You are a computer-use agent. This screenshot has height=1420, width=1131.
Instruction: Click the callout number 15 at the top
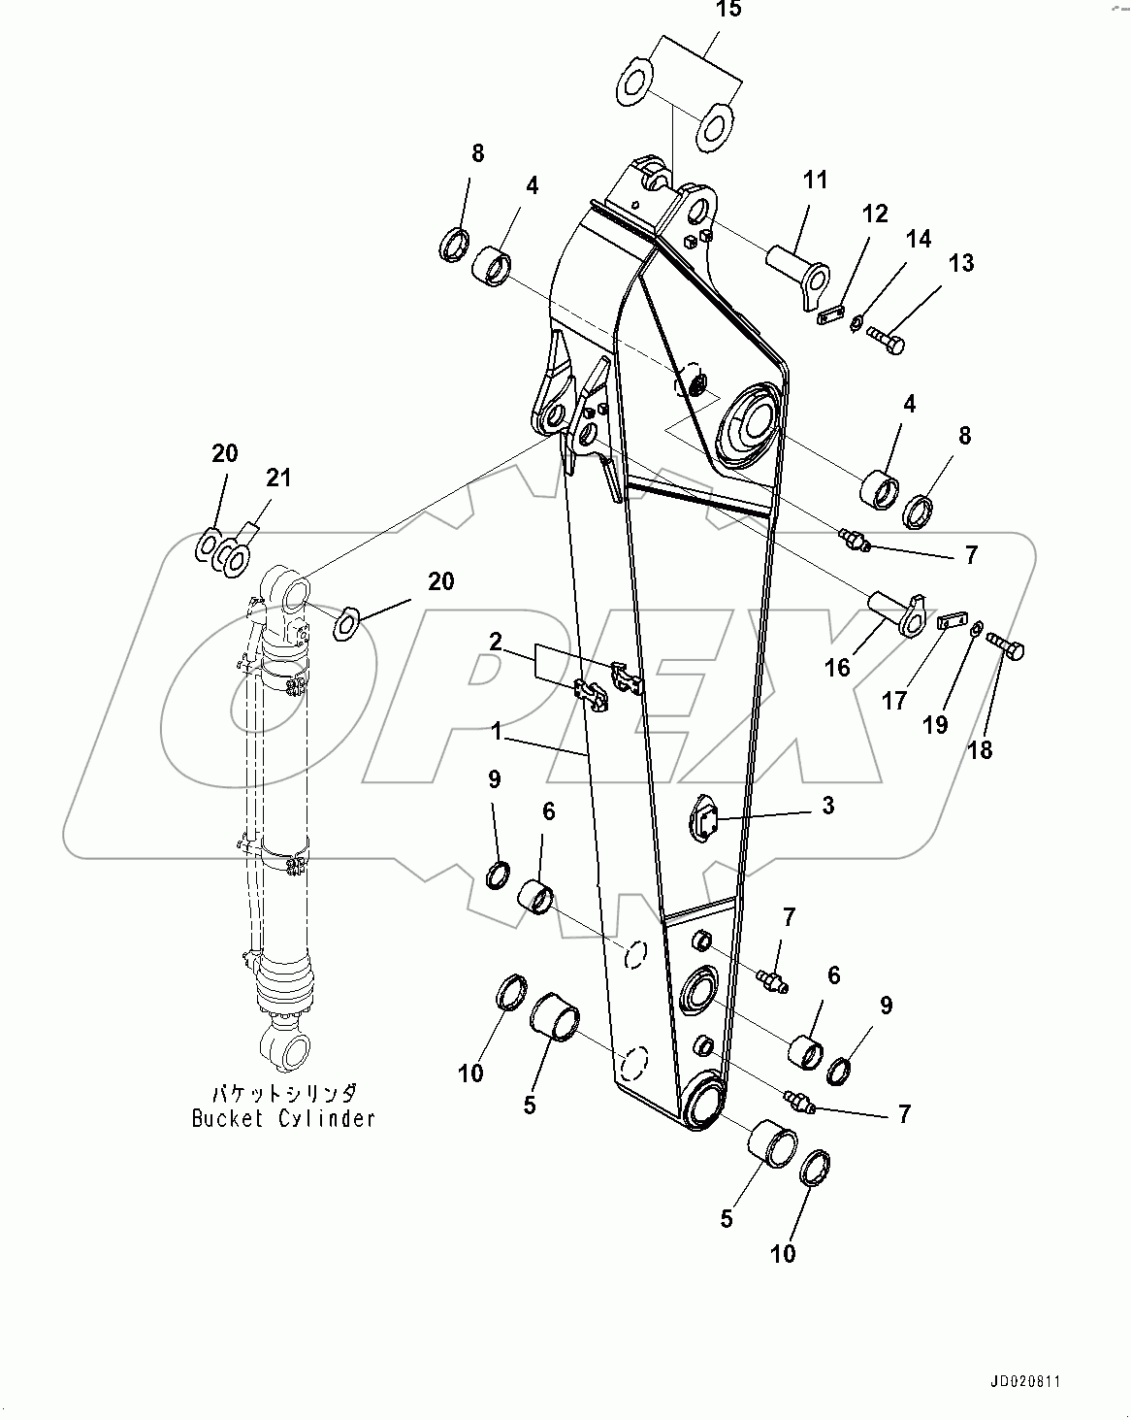tap(727, 11)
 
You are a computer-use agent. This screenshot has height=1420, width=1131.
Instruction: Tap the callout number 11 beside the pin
tap(815, 180)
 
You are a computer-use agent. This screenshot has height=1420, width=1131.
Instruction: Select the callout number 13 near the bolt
tap(960, 263)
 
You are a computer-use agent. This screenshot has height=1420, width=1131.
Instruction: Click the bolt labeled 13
tap(887, 340)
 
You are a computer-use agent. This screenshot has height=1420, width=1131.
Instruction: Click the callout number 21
tap(278, 478)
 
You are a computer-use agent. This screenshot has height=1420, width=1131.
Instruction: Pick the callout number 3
tap(827, 806)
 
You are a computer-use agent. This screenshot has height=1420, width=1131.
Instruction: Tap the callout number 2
tap(496, 641)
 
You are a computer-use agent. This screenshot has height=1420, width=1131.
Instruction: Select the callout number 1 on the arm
tap(497, 733)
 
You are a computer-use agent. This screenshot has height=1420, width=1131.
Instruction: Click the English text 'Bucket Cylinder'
tap(283, 1118)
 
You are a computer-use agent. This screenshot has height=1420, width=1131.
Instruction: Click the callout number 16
tap(837, 667)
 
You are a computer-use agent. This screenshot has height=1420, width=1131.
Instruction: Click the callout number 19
tap(935, 725)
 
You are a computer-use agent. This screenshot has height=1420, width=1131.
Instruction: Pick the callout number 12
tap(875, 214)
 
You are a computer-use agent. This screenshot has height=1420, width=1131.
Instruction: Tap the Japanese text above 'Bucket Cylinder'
tap(283, 1092)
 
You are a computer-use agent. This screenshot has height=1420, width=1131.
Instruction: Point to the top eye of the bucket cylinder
tap(289, 594)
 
